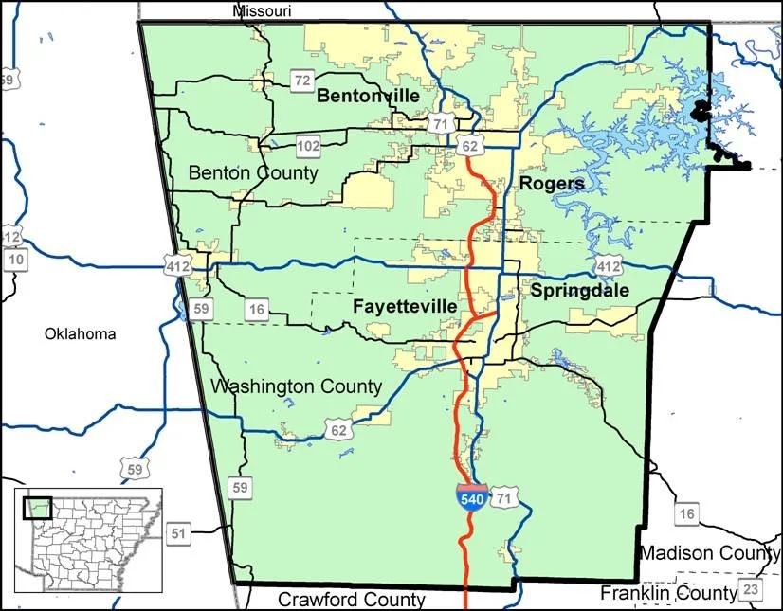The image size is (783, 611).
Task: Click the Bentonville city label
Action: pyautogui.click(x=368, y=96)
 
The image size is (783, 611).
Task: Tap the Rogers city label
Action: pyautogui.click(x=552, y=183)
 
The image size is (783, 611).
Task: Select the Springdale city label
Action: pyautogui.click(x=579, y=291)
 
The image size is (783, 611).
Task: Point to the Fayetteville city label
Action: pyautogui.click(x=405, y=307)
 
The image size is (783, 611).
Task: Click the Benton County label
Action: pyautogui.click(x=253, y=172)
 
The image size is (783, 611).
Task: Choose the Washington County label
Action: pyautogui.click(x=296, y=386)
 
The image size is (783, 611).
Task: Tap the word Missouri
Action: pyautogui.click(x=262, y=10)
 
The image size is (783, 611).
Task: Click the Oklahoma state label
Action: pyautogui.click(x=80, y=333)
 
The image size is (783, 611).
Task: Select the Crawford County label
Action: pyautogui.click(x=352, y=600)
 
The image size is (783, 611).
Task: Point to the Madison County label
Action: pyautogui.click(x=709, y=553)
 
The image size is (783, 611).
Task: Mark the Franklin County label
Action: pyautogui.click(x=668, y=593)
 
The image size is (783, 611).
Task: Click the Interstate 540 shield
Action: pyautogui.click(x=469, y=497)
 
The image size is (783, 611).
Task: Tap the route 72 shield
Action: pyautogui.click(x=301, y=81)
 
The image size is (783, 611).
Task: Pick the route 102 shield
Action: pyautogui.click(x=308, y=146)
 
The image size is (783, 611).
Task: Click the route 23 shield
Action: pyautogui.click(x=752, y=590)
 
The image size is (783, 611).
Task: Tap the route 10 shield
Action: pyautogui.click(x=13, y=260)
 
